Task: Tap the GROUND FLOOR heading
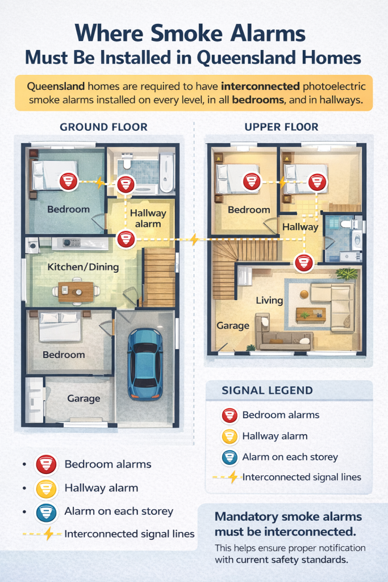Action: pyautogui.click(x=103, y=126)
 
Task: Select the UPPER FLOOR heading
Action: pyautogui.click(x=281, y=126)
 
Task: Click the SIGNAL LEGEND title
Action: pyautogui.click(x=267, y=390)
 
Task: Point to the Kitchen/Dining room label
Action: pyautogui.click(x=83, y=267)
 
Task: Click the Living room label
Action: pyautogui.click(x=269, y=300)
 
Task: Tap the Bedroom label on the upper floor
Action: pyautogui.click(x=249, y=210)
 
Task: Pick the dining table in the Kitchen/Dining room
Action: pyautogui.click(x=76, y=292)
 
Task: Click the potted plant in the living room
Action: pyautogui.click(x=346, y=275)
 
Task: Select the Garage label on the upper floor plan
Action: pyautogui.click(x=233, y=326)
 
